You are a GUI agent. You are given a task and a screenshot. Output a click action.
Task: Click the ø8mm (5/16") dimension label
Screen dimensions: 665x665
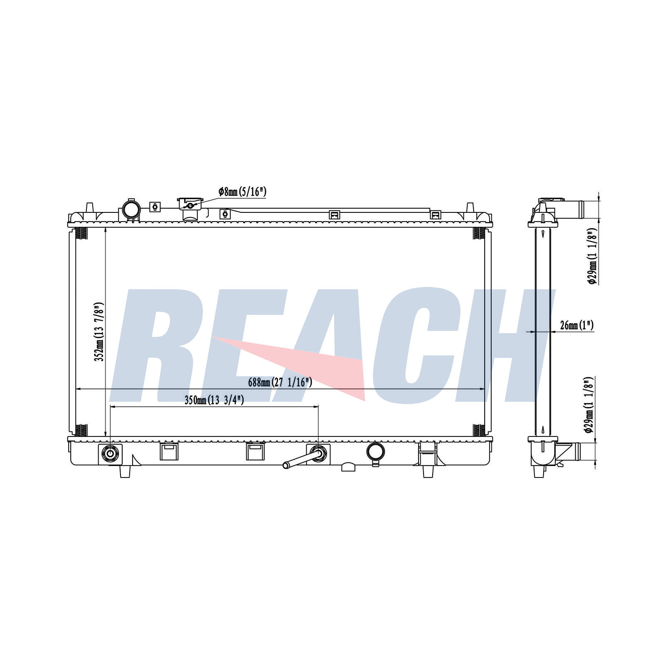(x=242, y=192)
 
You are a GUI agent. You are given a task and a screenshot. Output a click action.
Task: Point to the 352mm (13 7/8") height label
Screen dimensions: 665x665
(x=99, y=331)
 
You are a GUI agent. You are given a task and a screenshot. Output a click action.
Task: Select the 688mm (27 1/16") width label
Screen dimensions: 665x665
(x=280, y=382)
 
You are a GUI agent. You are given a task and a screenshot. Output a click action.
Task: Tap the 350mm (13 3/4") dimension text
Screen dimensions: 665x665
(x=214, y=400)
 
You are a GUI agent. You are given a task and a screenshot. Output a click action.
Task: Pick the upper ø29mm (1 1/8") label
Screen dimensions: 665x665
(x=592, y=256)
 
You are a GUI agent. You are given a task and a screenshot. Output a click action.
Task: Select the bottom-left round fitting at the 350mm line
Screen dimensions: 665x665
(x=110, y=453)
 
